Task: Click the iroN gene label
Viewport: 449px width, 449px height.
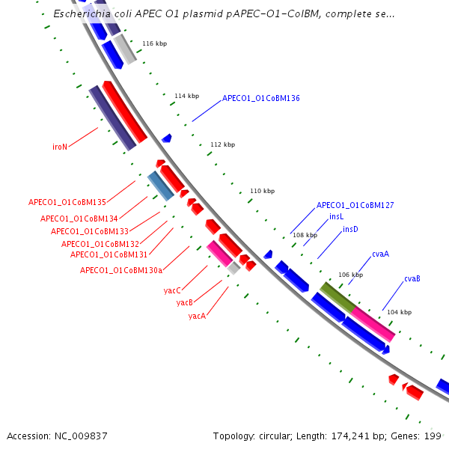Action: [x=60, y=147]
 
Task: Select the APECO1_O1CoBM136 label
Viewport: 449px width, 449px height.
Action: [x=260, y=98]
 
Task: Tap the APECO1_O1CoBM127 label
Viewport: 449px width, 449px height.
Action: [x=355, y=205]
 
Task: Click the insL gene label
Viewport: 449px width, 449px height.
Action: [x=337, y=217]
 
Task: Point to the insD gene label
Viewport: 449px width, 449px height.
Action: [x=350, y=229]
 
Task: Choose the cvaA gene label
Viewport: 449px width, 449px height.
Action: [x=380, y=254]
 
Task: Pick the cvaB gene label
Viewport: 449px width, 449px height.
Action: [x=412, y=278]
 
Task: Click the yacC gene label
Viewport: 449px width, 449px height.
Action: [x=172, y=290]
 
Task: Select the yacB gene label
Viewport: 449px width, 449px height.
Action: [x=185, y=303]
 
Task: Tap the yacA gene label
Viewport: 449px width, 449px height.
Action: [x=197, y=316]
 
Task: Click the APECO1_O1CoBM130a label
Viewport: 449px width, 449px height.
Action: [x=121, y=270]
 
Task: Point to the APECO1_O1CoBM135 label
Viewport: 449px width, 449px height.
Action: [x=67, y=202]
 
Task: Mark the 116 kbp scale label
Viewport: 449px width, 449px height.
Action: [x=154, y=44]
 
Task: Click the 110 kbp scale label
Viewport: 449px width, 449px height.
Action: [x=262, y=191]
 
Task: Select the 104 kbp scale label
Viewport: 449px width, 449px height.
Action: [x=399, y=312]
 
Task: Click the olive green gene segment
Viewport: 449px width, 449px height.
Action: [x=337, y=296]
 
